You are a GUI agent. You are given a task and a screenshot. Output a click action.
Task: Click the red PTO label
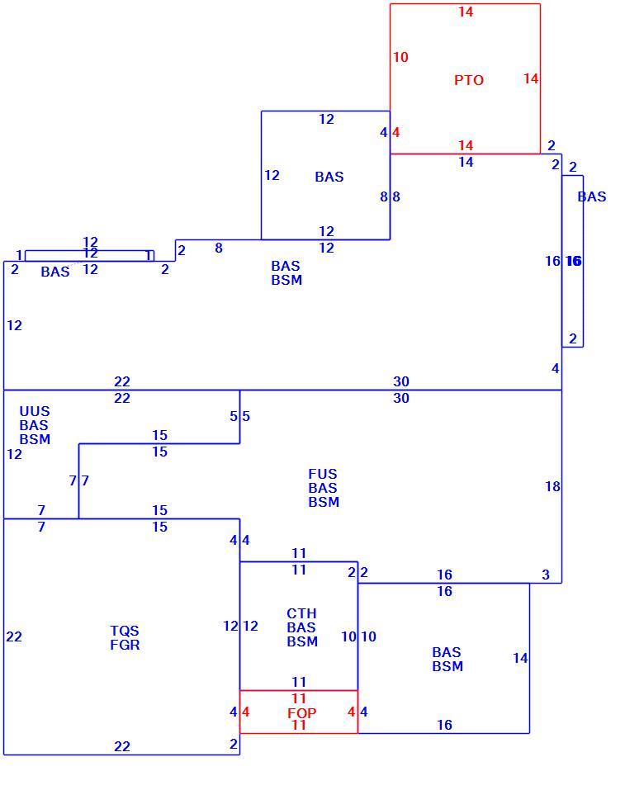pyautogui.click(x=469, y=81)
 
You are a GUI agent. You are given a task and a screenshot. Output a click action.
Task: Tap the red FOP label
pyautogui.click(x=302, y=713)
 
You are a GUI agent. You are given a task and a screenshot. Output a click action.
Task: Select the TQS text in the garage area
pyautogui.click(x=125, y=631)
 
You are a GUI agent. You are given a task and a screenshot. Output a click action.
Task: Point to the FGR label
pyautogui.click(x=125, y=645)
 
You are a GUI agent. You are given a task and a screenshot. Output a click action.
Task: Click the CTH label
pyautogui.click(x=301, y=613)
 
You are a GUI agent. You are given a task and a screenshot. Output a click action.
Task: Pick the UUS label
pyautogui.click(x=35, y=411)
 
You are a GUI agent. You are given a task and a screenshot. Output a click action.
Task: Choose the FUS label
pyautogui.click(x=323, y=474)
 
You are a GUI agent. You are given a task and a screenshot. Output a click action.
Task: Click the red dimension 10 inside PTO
pyautogui.click(x=400, y=57)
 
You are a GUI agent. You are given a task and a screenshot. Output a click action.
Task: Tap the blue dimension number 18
pyautogui.click(x=552, y=486)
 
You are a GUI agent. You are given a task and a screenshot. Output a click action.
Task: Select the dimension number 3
pyautogui.click(x=546, y=575)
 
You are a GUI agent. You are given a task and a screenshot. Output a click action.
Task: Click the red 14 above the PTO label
pyautogui.click(x=466, y=12)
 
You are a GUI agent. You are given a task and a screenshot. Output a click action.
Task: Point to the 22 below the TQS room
pyautogui.click(x=122, y=746)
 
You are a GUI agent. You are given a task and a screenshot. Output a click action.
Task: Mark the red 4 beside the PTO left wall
pyautogui.click(x=395, y=132)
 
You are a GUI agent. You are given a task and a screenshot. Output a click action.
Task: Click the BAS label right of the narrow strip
pyautogui.click(x=592, y=196)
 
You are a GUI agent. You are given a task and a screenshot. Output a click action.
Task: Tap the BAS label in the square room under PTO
pyautogui.click(x=329, y=177)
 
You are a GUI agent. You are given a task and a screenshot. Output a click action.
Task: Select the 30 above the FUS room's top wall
pyautogui.click(x=401, y=381)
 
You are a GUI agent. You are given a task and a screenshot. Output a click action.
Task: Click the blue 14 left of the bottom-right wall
pyautogui.click(x=520, y=658)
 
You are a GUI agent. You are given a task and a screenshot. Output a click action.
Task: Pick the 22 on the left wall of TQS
pyautogui.click(x=14, y=636)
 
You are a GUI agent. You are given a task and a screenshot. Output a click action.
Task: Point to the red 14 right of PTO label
pyautogui.click(x=531, y=78)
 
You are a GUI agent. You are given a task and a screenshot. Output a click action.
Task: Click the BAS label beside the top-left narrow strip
pyautogui.click(x=55, y=272)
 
